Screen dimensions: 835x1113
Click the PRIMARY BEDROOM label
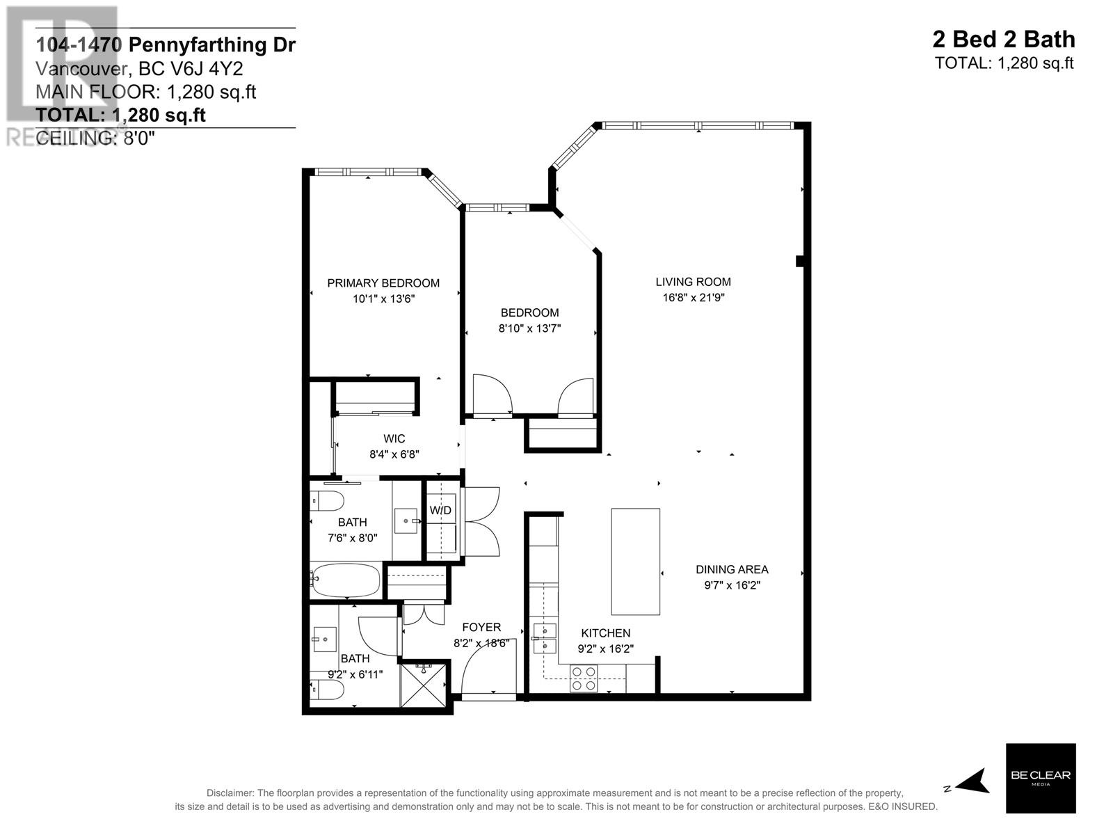pos(383,283)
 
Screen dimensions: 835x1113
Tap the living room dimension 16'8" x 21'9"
pos(693,298)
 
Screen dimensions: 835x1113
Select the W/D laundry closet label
pos(440,511)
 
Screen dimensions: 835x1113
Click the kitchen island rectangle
pos(635,561)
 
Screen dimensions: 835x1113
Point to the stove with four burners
pos(584,678)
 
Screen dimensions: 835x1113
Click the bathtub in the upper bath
pos(346,580)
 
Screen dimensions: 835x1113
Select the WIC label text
pos(394,439)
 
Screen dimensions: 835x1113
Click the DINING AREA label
pos(732,570)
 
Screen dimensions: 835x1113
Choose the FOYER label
pos(481,628)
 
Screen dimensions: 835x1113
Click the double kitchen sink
pos(545,639)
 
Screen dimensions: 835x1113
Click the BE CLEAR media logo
pos(1041,778)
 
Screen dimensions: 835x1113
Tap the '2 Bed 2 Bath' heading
pos(1003,40)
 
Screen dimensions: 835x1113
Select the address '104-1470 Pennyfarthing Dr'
pos(166,45)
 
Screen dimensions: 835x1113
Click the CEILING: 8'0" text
pos(95,138)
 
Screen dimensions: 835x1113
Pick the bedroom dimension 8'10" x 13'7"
pos(529,328)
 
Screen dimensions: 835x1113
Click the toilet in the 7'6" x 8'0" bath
pos(328,500)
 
